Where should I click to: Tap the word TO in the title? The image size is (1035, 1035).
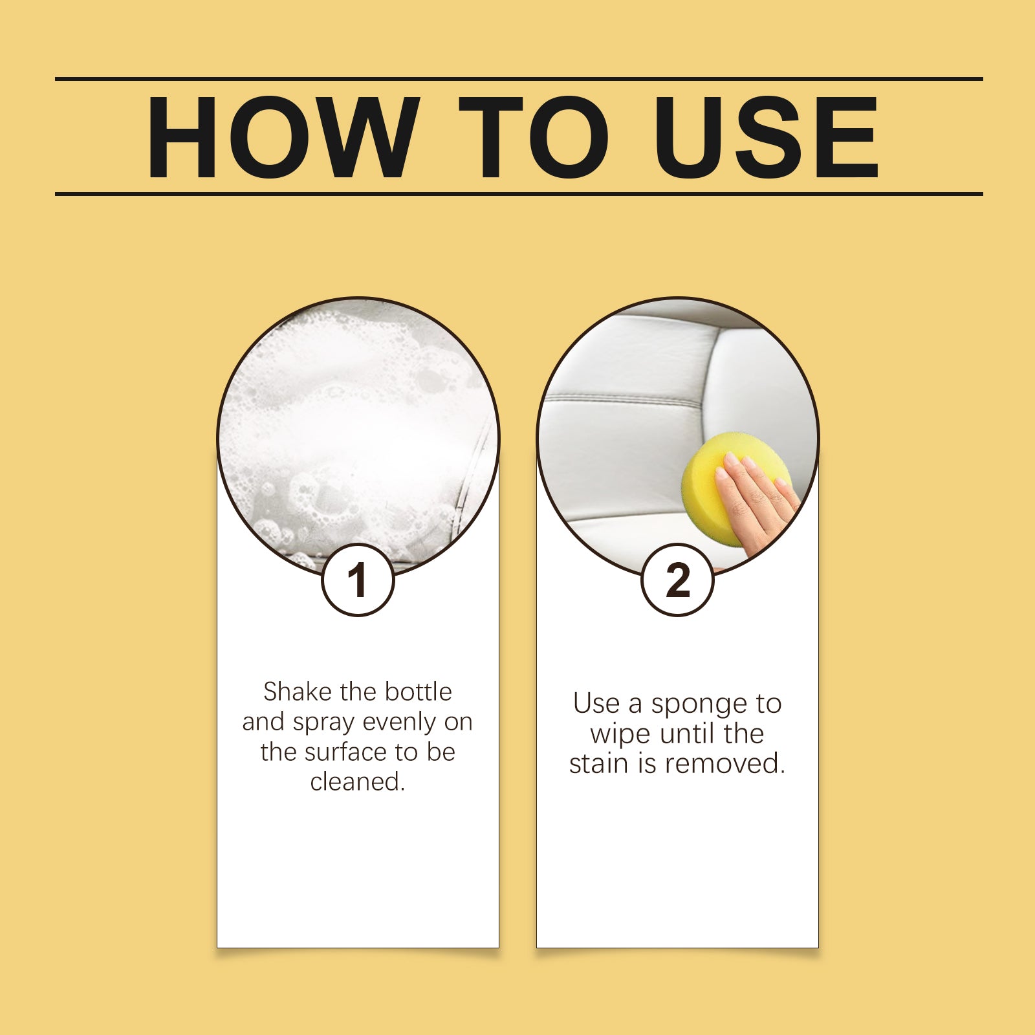tap(534, 137)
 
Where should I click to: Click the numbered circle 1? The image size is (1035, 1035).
tap(358, 580)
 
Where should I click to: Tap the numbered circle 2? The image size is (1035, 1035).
tap(677, 580)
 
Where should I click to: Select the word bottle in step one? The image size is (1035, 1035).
tap(418, 692)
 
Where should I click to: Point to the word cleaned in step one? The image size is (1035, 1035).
tap(358, 781)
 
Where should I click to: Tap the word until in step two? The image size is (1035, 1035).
tap(685, 734)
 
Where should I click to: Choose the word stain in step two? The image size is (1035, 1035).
tap(600, 763)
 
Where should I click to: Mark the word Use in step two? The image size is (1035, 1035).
tap(597, 704)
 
